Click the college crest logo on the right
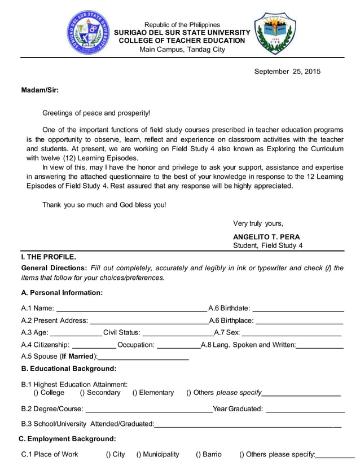pyautogui.click(x=275, y=33)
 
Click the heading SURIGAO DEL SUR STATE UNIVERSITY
pyautogui.click(x=181, y=33)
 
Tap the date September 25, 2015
pyautogui.click(x=287, y=72)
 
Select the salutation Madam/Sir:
pyautogui.click(x=39, y=90)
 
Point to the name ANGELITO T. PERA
pyautogui.click(x=266, y=237)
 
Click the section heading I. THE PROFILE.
pyautogui.click(x=49, y=257)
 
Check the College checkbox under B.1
pyautogui.click(x=36, y=393)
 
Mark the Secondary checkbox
pyautogui.click(x=82, y=393)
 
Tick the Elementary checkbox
pyautogui.click(x=135, y=393)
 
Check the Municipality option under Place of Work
pyautogui.click(x=139, y=455)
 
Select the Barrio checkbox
pyautogui.click(x=199, y=455)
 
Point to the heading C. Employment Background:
pyautogui.click(x=67, y=439)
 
